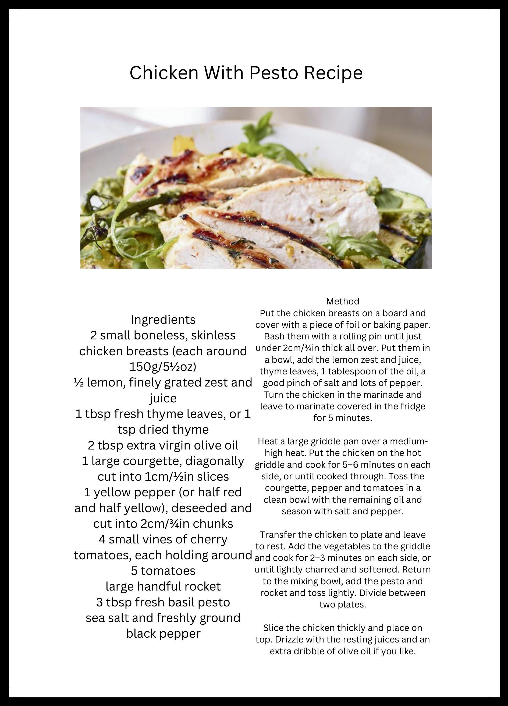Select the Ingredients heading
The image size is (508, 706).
pos(163,320)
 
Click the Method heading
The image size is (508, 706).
pos(343,301)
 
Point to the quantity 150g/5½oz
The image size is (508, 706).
pos(163,367)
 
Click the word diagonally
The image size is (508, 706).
pos(215,461)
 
